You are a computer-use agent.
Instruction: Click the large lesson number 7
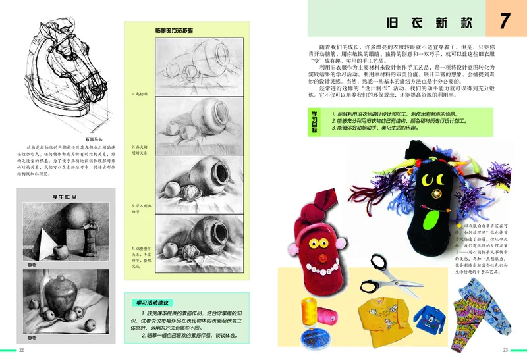(505, 20)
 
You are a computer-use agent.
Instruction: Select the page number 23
(505, 350)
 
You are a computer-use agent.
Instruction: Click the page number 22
(21, 350)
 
